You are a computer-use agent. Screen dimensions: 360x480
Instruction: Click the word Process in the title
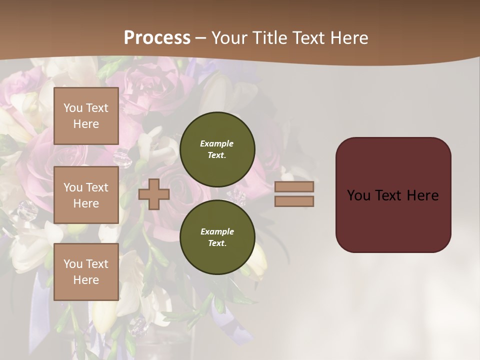tap(157, 38)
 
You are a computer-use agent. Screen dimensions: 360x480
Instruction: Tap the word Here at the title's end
tap(349, 38)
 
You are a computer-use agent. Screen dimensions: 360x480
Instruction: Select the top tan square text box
tap(86, 116)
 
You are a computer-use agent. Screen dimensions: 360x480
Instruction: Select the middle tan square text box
tap(86, 195)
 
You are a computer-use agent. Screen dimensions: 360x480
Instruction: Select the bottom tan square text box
tap(86, 272)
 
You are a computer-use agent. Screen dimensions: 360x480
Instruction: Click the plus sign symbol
tap(154, 194)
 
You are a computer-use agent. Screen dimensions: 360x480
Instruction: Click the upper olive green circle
tap(217, 149)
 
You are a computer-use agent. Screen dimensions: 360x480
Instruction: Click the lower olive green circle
tap(217, 237)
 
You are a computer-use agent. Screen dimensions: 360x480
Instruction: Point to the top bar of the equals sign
tap(294, 186)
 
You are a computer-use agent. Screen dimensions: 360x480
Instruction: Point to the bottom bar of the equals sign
tap(294, 201)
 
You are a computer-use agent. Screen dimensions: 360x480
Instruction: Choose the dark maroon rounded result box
tap(393, 195)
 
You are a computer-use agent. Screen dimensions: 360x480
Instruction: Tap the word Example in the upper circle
tap(217, 143)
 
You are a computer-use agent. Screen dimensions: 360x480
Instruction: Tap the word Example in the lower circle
tap(217, 231)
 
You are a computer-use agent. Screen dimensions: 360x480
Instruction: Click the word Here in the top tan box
tap(86, 124)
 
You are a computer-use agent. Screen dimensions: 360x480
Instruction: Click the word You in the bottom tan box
tap(73, 264)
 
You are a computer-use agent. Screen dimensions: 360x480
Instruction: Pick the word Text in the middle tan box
tap(96, 187)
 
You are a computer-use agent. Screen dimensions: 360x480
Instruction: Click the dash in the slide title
tap(200, 38)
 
